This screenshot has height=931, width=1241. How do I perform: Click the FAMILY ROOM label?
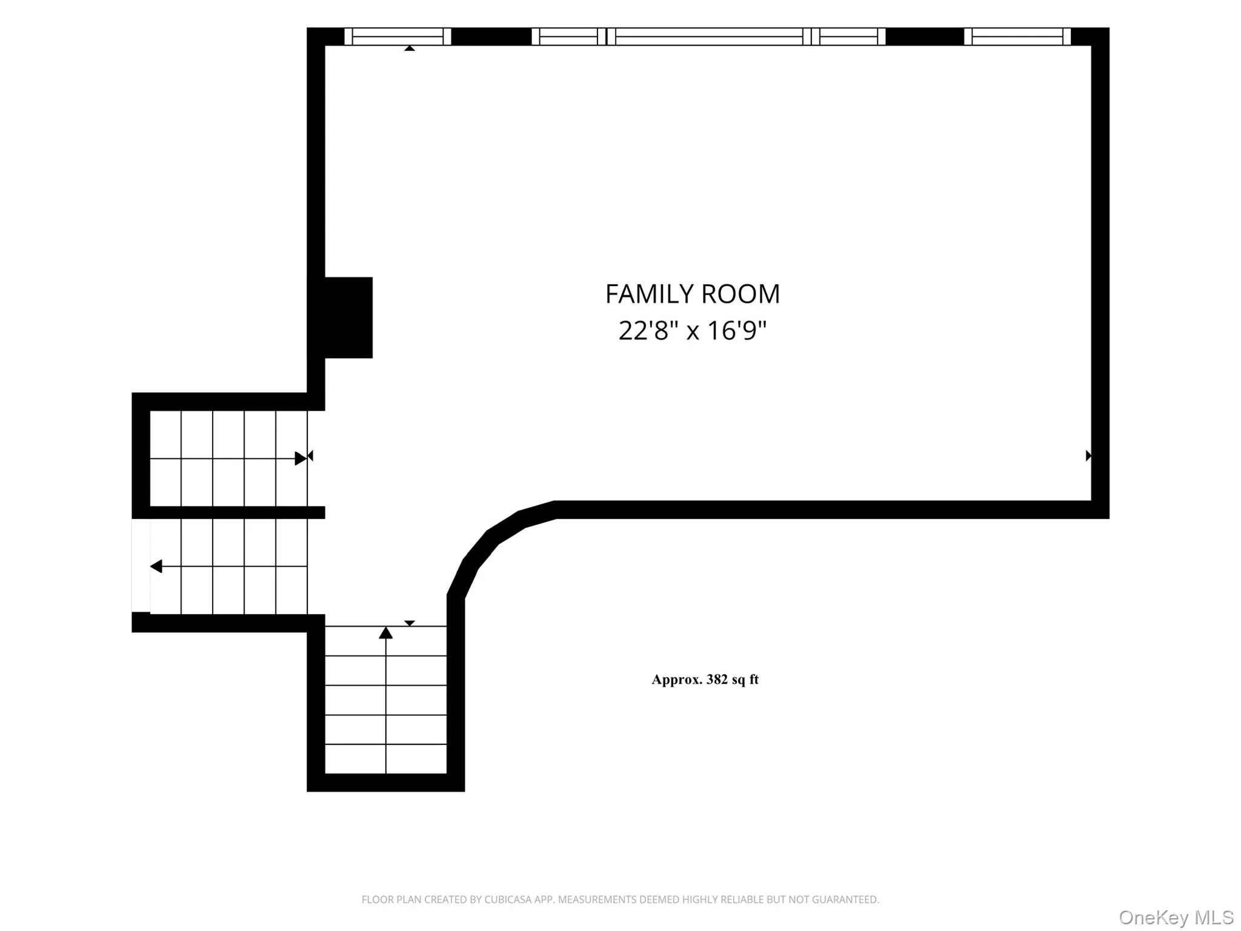[693, 294]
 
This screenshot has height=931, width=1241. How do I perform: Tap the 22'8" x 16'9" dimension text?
[693, 331]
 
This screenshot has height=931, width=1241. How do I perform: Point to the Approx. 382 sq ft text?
[705, 679]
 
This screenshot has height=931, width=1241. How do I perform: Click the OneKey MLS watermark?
[1176, 918]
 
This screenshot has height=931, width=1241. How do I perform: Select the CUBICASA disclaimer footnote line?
[620, 899]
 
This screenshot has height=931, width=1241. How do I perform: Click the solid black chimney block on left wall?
[348, 318]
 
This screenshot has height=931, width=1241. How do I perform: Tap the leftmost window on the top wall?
[398, 36]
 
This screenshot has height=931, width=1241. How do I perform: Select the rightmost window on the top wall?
[1017, 36]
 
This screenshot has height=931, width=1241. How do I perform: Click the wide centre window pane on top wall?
[709, 36]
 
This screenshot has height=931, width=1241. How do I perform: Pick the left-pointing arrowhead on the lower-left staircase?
[156, 567]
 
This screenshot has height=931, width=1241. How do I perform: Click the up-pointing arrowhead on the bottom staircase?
[386, 633]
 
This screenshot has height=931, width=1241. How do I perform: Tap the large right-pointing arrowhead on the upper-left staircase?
[301, 458]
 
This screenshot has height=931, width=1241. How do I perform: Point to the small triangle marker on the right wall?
[1088, 456]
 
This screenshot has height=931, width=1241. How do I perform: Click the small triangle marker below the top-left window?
[410, 48]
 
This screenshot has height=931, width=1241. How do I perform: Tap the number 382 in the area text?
[717, 679]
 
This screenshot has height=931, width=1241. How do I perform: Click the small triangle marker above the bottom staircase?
[410, 623]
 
